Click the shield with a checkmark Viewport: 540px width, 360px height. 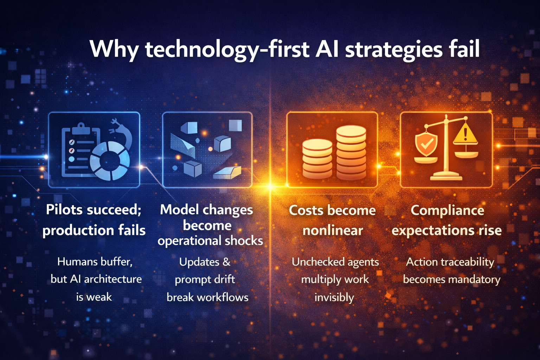pos(426,143)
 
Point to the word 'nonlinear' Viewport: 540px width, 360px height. pos(333,231)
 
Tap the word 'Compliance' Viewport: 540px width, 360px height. pos(447,210)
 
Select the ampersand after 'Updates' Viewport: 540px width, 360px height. pos(226,262)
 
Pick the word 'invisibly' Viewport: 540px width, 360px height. pos(334,297)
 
